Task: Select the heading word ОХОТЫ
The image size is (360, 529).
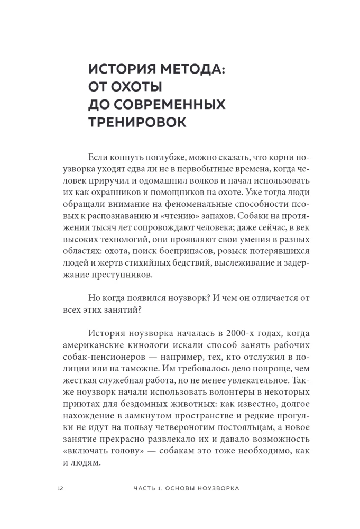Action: pyautogui.click(x=135, y=87)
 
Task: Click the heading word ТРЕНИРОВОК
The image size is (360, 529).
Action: pyautogui.click(x=137, y=122)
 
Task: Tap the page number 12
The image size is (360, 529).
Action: pyautogui.click(x=60, y=488)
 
